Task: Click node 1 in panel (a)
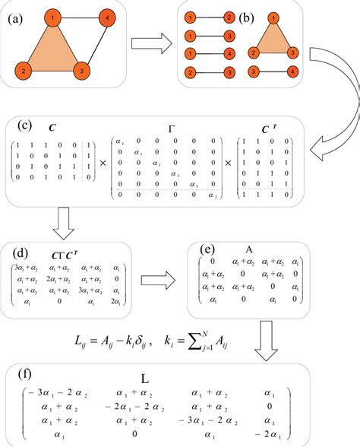(51, 16)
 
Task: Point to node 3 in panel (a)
(80, 71)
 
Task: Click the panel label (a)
(13, 16)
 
